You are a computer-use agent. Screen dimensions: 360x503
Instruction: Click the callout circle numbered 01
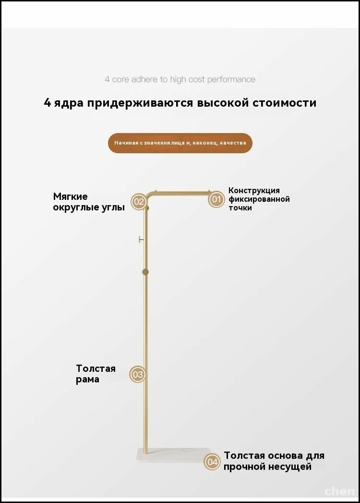point(216,199)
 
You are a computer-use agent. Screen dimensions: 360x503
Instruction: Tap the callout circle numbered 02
point(139,202)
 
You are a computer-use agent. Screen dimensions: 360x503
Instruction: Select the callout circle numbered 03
point(138,374)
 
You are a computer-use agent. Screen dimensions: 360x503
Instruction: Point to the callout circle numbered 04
point(212,462)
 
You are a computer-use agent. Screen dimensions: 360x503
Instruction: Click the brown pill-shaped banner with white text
point(180,143)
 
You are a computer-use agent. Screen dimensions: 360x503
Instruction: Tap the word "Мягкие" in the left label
point(70,196)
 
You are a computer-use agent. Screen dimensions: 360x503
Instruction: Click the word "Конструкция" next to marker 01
point(254,191)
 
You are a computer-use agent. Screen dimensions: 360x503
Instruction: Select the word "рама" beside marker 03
point(87,380)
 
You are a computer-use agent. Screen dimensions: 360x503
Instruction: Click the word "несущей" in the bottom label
point(290,466)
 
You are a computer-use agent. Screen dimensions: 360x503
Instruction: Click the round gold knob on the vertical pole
point(145,272)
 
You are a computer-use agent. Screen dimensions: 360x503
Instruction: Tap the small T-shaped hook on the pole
point(141,239)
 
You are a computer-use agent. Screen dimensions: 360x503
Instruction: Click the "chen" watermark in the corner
point(340,491)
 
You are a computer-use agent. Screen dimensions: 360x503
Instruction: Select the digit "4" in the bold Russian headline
point(48,103)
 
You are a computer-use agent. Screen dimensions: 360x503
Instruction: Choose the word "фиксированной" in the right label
point(259,199)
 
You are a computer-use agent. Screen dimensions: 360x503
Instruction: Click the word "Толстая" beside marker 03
point(96,368)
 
